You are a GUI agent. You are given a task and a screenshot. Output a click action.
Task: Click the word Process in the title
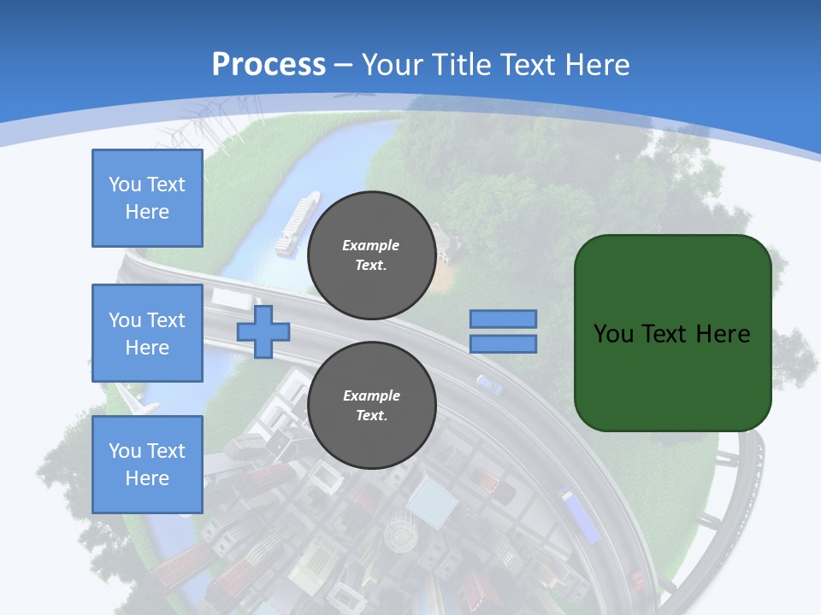[x=269, y=65]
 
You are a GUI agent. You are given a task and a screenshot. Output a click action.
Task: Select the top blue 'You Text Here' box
[x=147, y=198]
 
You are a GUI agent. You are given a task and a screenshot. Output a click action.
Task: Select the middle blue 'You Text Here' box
[x=147, y=333]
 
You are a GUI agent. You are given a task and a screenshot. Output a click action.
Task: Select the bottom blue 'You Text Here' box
[x=147, y=464]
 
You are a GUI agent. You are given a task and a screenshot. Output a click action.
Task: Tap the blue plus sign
[x=263, y=331]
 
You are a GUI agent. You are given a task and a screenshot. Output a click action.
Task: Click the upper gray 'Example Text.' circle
[x=371, y=255]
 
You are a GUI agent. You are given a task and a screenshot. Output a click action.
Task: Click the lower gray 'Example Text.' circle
[x=371, y=406]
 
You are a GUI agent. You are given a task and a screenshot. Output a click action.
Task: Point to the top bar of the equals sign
[x=503, y=319]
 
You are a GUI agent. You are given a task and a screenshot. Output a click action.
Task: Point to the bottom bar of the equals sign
[x=503, y=343]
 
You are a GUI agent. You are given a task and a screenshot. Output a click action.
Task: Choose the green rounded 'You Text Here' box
[x=672, y=333]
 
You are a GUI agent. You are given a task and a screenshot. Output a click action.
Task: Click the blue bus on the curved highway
[x=579, y=515]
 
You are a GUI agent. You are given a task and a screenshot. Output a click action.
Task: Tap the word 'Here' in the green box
[x=724, y=333]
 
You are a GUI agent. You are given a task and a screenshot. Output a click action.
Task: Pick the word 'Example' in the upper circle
[x=371, y=245]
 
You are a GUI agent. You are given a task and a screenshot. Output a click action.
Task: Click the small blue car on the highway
[x=489, y=384]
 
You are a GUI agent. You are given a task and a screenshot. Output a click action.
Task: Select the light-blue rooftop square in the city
[x=432, y=501]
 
